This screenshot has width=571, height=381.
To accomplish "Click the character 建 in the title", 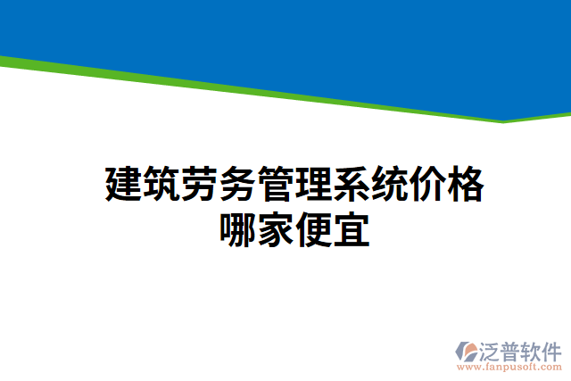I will coord(123,185).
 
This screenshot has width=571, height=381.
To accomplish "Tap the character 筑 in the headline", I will coord(161,185).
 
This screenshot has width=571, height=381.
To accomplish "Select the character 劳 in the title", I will coord(200,185).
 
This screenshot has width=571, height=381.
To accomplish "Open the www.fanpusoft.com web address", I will coord(509,366).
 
